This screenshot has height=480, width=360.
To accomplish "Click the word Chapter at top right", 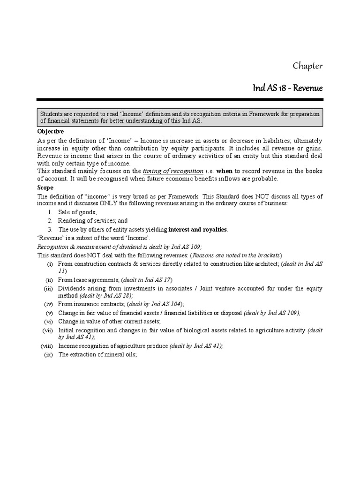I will pyautogui.click(x=307, y=66).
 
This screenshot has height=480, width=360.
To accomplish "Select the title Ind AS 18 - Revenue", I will pyautogui.click(x=287, y=88).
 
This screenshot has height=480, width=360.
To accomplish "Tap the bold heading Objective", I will pyautogui.click(x=51, y=132).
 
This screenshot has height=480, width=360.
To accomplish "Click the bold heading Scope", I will pyautogui.click(x=45, y=187).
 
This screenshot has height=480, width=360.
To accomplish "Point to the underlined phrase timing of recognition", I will pyautogui.click(x=173, y=171).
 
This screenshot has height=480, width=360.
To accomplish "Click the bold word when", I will pyautogui.click(x=224, y=171).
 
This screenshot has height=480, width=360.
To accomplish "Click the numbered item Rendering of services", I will pyautogui.click(x=93, y=221).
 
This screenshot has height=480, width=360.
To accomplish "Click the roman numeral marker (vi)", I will pyautogui.click(x=48, y=321).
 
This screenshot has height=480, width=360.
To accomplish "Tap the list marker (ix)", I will pyautogui.click(x=48, y=354).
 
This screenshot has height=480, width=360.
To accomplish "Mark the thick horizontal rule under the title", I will pyautogui.click(x=180, y=99).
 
